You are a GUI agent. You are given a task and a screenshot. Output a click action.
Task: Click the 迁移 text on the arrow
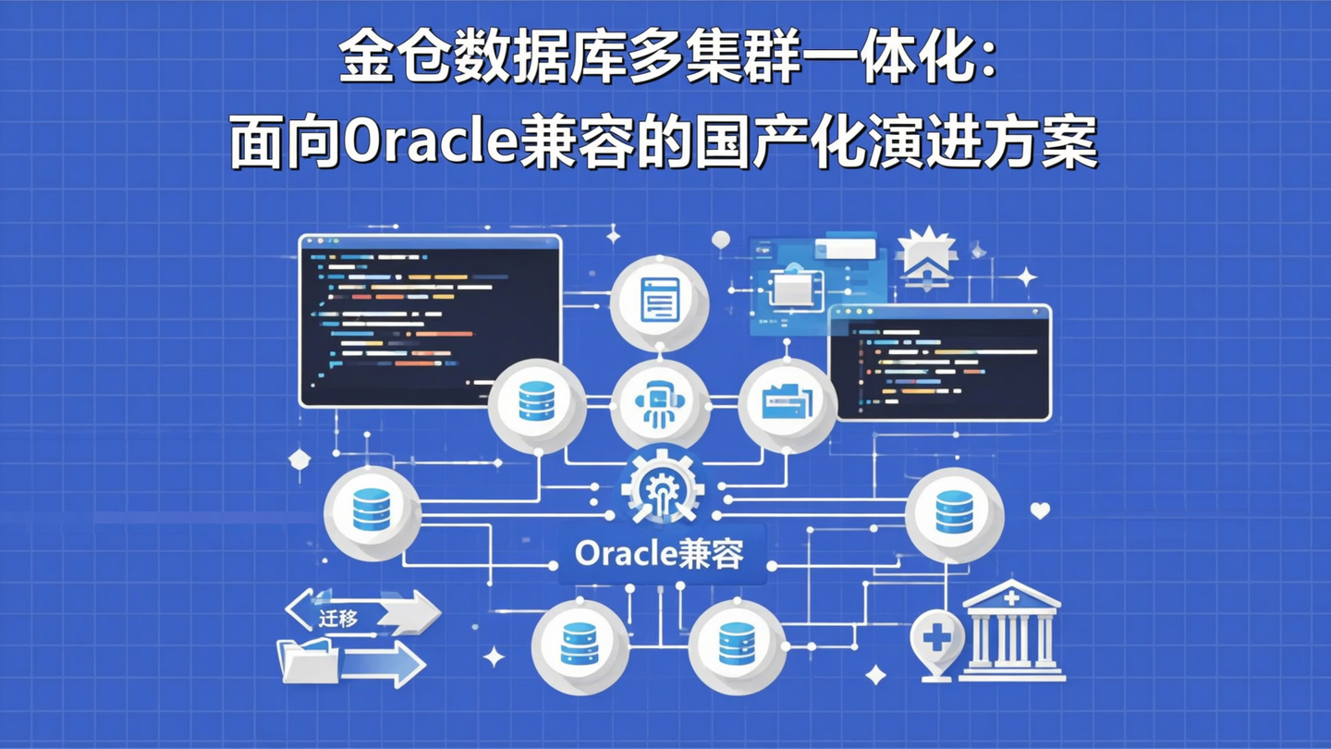click(338, 617)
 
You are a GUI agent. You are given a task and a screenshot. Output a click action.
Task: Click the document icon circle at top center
click(660, 301)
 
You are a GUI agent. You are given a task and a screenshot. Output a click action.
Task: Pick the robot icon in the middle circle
click(660, 404)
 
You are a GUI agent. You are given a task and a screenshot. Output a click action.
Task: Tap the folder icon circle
click(787, 404)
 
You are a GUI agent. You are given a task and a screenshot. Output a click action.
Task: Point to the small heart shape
click(1040, 510)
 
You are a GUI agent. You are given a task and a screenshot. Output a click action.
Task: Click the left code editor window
click(430, 320)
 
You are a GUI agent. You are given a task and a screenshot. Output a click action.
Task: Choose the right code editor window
click(939, 362)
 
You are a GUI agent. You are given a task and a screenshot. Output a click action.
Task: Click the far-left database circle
click(372, 511)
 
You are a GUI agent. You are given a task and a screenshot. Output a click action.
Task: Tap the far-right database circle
click(954, 512)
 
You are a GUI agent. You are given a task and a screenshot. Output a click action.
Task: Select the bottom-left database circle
click(580, 645)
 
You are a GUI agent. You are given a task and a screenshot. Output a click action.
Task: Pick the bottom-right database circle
click(737, 645)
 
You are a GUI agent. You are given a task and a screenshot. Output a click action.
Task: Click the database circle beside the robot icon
click(536, 404)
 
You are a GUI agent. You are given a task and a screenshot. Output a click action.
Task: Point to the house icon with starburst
click(926, 254)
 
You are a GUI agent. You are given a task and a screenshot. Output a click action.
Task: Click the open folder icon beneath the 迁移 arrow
click(308, 660)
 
